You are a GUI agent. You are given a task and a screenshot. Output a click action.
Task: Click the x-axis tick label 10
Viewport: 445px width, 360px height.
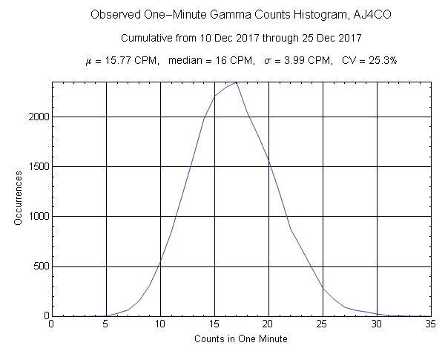(159, 324)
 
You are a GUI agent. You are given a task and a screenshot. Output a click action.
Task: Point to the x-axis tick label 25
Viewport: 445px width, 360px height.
(323, 324)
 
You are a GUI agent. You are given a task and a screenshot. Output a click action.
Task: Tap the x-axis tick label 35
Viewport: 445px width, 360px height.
(431, 324)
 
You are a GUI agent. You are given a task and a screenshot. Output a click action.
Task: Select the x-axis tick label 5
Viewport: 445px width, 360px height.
(105, 324)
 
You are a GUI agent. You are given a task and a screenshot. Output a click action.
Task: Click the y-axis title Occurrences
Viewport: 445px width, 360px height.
(19, 198)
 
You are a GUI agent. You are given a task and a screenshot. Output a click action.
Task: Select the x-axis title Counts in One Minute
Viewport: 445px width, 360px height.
(241, 338)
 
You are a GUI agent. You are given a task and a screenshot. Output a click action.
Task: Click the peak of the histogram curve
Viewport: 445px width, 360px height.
(236, 82)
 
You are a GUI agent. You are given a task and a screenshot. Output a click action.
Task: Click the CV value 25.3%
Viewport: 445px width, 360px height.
(380, 61)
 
